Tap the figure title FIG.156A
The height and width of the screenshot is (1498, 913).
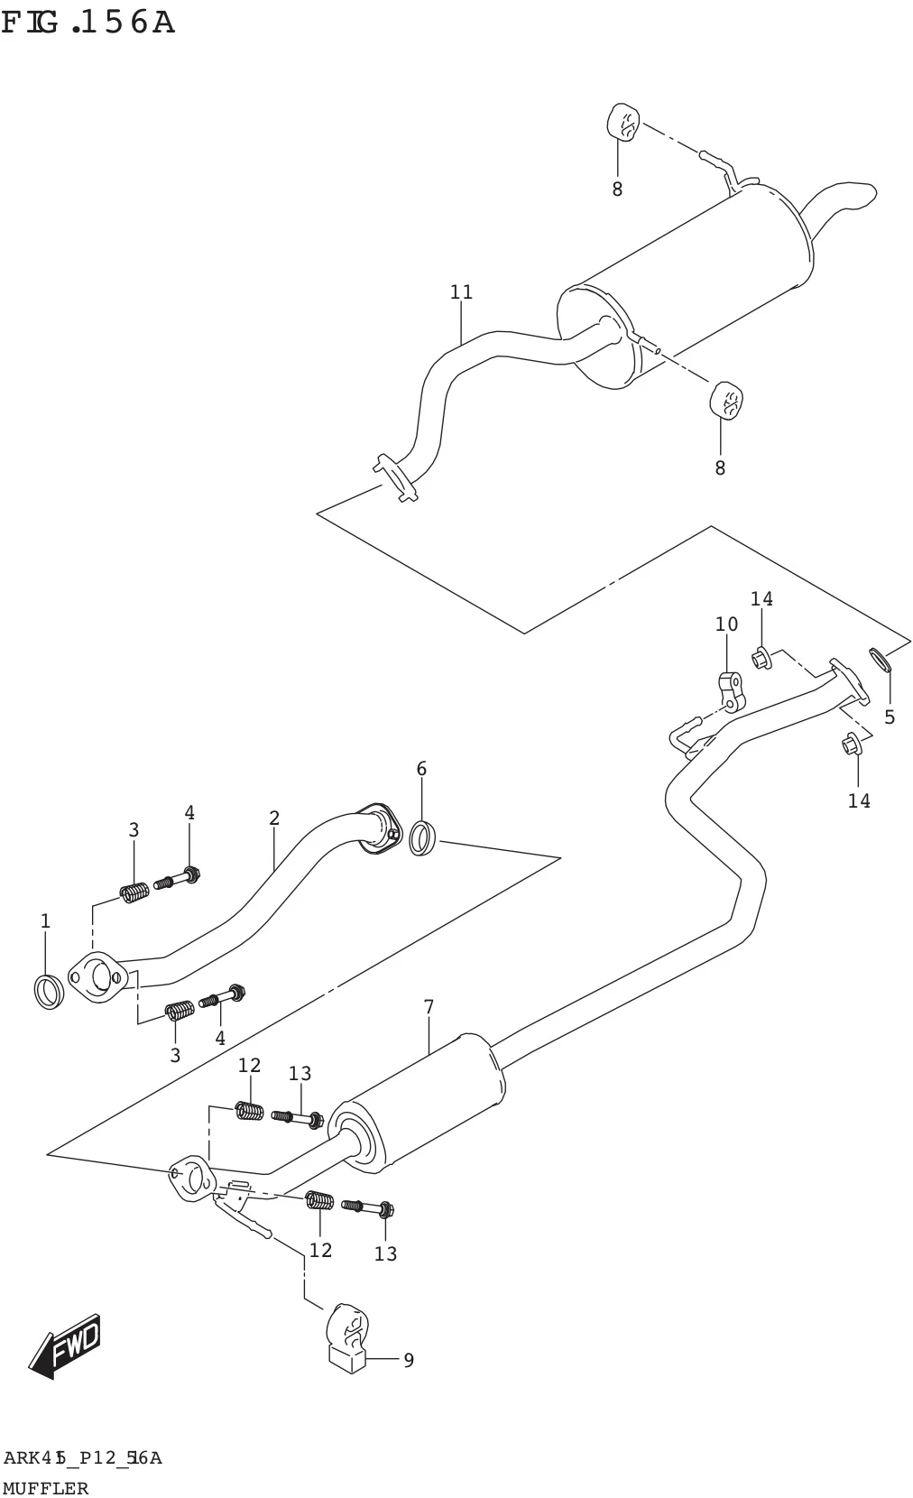(88, 23)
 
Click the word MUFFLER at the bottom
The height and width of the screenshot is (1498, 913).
(45, 1487)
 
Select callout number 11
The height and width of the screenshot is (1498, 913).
(461, 292)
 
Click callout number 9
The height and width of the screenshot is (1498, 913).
(409, 1360)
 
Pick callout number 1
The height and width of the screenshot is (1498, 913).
(45, 920)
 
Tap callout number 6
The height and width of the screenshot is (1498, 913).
(421, 769)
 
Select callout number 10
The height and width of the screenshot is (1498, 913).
(726, 624)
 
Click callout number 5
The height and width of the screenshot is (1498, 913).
(889, 717)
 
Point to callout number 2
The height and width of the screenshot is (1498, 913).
(274, 818)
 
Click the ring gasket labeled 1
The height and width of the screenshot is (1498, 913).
(49, 992)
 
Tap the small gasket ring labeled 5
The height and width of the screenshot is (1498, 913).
(880, 659)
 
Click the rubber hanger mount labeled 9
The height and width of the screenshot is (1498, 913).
(347, 1336)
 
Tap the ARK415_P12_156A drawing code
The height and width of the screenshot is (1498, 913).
(82, 1458)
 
